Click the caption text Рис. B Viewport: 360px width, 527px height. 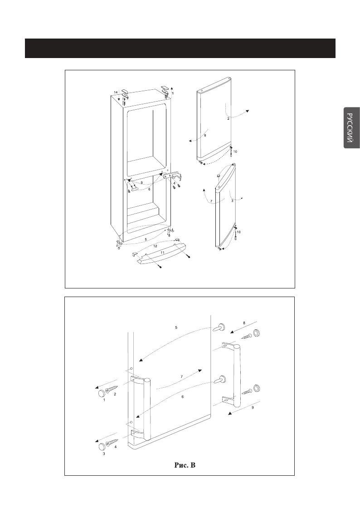tap(187, 465)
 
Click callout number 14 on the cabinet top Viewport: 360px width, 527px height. tap(116, 92)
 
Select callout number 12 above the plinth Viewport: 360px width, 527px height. tap(155, 245)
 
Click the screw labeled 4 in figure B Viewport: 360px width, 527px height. tap(112, 442)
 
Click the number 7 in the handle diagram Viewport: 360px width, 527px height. tap(181, 376)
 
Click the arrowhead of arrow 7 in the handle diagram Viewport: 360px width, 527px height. tap(200, 371)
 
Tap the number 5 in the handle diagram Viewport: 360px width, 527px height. tap(176, 327)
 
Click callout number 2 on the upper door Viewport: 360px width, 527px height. tap(229, 118)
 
